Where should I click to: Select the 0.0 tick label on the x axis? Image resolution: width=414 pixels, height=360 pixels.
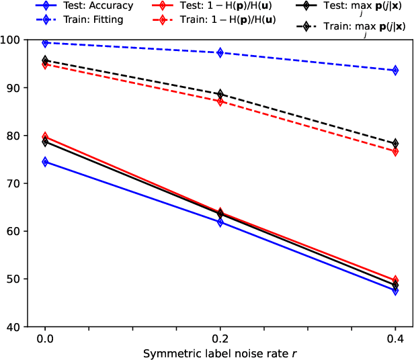[45, 339]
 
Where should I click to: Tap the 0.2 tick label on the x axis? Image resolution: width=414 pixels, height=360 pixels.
[220, 339]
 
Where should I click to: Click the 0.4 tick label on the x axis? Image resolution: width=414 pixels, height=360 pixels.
[395, 339]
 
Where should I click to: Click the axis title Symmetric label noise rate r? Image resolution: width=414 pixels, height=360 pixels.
[220, 352]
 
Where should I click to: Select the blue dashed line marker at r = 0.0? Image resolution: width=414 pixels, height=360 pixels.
[45, 43]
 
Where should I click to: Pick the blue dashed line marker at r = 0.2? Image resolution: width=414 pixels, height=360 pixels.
[220, 52]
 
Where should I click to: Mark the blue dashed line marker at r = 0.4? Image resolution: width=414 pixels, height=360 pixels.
[395, 70]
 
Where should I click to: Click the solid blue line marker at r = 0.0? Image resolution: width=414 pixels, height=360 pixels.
[45, 162]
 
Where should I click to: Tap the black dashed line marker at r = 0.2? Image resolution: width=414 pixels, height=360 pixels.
[220, 94]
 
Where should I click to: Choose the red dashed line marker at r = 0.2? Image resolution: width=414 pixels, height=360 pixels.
[220, 101]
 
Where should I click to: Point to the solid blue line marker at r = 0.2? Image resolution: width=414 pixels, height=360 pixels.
[220, 222]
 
